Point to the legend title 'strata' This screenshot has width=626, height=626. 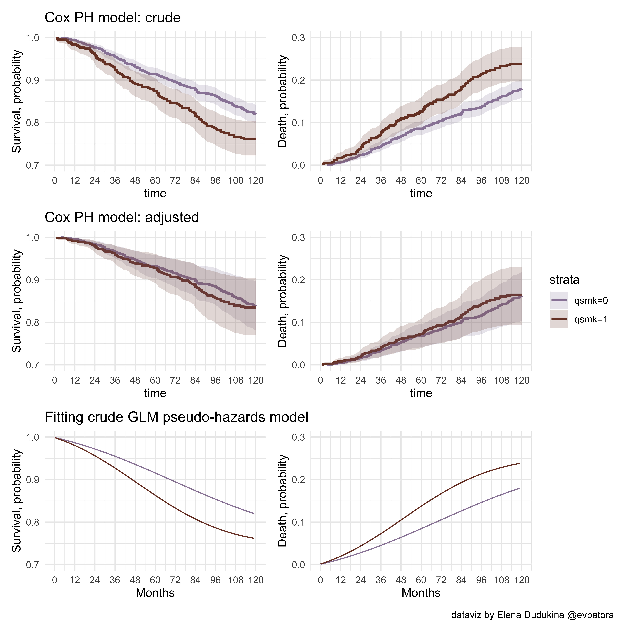pyautogui.click(x=564, y=280)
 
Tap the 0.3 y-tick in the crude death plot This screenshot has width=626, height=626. pyautogui.click(x=298, y=38)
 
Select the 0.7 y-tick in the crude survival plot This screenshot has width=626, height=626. pyautogui.click(x=32, y=165)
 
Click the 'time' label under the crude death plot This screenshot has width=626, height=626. pyautogui.click(x=421, y=193)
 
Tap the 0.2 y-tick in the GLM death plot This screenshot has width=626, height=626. pyautogui.click(x=298, y=480)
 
